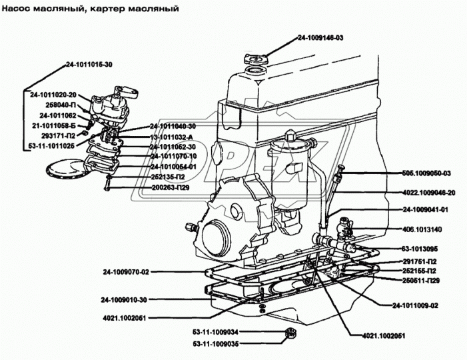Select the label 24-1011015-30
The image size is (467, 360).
(x=89, y=65)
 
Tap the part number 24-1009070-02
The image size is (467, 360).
(x=126, y=271)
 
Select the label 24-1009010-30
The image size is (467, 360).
(x=124, y=299)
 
